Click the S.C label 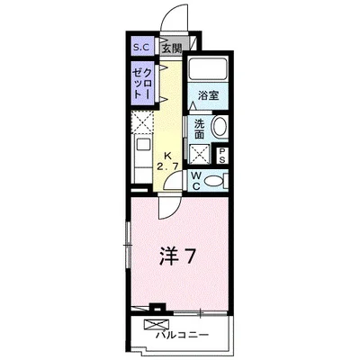[x=141, y=48]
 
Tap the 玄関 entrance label [x=171, y=48]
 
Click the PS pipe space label [x=223, y=155]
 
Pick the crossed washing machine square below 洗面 [x=199, y=150]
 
